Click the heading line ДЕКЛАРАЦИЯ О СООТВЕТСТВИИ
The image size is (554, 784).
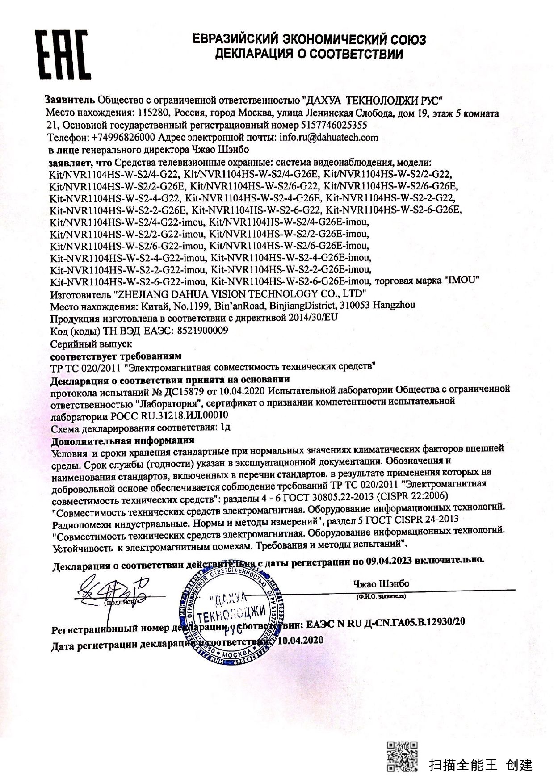(x=309, y=55)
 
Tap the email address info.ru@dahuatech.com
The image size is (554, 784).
(x=329, y=137)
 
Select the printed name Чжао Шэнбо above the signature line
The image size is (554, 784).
(x=381, y=584)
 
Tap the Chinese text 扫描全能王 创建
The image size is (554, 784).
(x=481, y=764)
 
